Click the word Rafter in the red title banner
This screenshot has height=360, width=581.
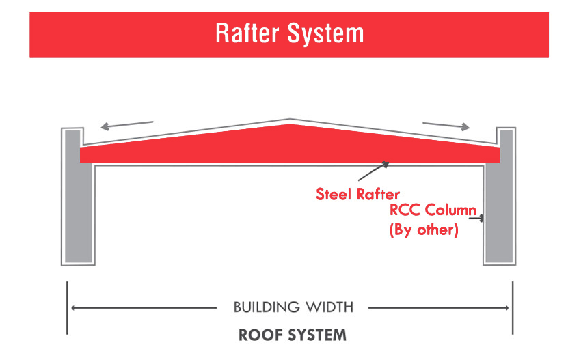[x=247, y=33]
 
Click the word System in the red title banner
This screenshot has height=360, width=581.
[x=325, y=34]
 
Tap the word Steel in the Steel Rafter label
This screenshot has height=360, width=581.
[x=333, y=195]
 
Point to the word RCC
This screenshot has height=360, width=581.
[x=405, y=210]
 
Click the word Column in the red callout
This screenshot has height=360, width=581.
[x=450, y=210]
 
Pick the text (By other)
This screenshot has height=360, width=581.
[x=424, y=230]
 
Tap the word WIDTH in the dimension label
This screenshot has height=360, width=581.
[x=329, y=307]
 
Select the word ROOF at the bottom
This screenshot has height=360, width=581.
[x=261, y=335]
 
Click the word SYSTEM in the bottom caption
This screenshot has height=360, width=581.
[x=318, y=335]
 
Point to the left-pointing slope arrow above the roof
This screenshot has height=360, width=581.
[x=127, y=126]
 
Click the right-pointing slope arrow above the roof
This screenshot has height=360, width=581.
[x=446, y=126]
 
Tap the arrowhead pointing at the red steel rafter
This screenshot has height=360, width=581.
[x=386, y=165]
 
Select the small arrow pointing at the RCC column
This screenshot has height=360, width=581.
[x=476, y=219]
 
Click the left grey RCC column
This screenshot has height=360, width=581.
[x=78, y=196]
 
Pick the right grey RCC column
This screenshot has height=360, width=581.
[x=500, y=196]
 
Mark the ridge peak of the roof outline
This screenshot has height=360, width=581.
[x=290, y=120]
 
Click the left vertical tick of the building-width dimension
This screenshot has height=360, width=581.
[x=67, y=308]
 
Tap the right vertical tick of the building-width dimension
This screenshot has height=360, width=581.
[x=513, y=308]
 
